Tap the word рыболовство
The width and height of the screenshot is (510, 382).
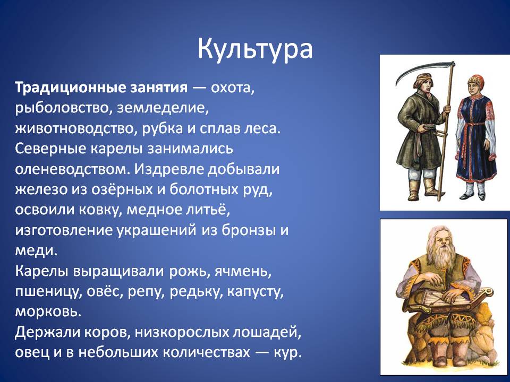click(62, 108)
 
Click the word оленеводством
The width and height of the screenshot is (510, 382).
click(70, 169)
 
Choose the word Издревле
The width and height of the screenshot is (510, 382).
click(169, 169)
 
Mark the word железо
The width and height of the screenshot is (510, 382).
click(41, 189)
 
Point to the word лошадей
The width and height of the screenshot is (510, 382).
click(265, 333)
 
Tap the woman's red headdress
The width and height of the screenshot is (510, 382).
click(476, 80)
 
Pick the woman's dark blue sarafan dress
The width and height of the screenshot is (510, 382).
click(476, 136)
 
